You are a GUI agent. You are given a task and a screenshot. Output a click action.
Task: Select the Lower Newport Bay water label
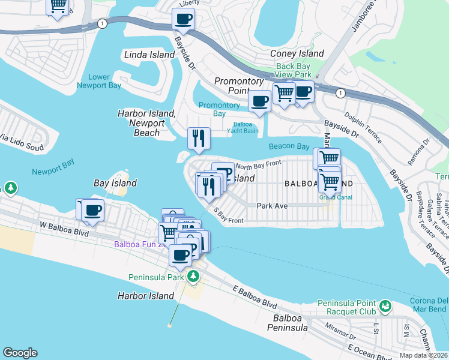tap(99, 81)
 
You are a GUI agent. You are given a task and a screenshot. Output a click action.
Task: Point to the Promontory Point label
tap(239, 86)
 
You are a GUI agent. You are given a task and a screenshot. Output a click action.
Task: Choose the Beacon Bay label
tap(289, 146)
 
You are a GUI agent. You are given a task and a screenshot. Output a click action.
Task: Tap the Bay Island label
tap(115, 183)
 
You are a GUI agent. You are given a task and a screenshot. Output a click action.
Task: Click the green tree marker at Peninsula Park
tap(193, 277)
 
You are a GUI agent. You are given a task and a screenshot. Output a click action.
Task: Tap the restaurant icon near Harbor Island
tap(197, 138)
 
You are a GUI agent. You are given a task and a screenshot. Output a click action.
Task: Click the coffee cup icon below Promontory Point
tap(259, 101)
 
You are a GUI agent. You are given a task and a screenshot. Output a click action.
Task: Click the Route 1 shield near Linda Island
tap(103, 23)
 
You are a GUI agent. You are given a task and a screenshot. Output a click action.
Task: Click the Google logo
tap(20, 353)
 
